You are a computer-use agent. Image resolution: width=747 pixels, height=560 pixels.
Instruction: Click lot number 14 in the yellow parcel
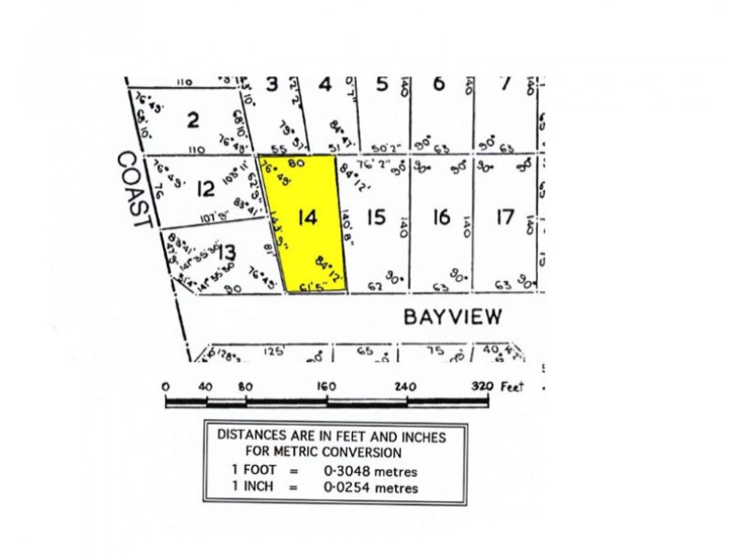[306, 218]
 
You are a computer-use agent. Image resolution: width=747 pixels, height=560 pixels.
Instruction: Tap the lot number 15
[375, 217]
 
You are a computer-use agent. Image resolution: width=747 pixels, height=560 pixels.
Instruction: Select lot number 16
[441, 217]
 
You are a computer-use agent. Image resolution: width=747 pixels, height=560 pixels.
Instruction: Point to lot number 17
[505, 217]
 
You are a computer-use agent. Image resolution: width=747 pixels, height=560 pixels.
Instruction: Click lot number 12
[205, 189]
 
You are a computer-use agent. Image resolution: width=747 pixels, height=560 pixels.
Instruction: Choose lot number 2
[193, 119]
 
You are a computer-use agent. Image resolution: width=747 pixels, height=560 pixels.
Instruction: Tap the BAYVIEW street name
[452, 316]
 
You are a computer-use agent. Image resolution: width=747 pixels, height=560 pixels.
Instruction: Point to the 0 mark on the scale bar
[165, 386]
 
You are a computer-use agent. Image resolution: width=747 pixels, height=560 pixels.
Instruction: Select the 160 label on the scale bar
[327, 386]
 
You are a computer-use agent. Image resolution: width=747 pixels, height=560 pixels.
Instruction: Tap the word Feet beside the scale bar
[512, 386]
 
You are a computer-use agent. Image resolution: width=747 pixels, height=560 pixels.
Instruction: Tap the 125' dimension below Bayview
[273, 352]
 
